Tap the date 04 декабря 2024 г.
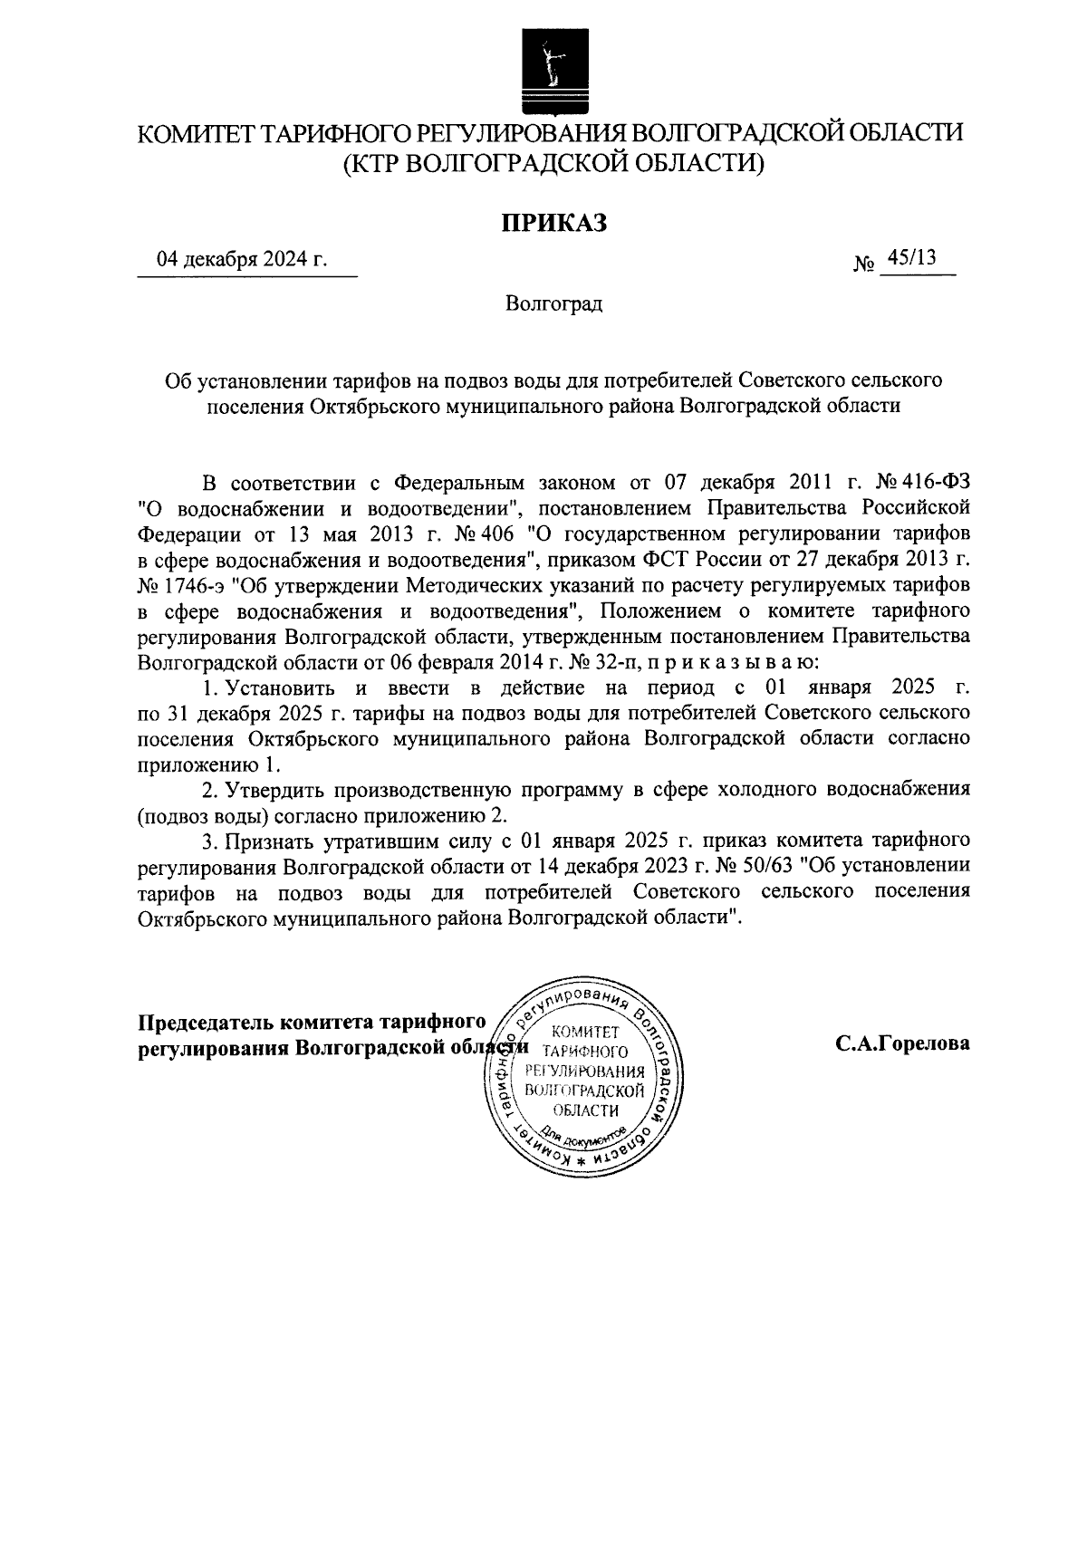click(242, 260)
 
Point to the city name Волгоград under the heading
click(553, 303)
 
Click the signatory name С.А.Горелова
click(902, 1044)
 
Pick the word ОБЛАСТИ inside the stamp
click(585, 1110)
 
